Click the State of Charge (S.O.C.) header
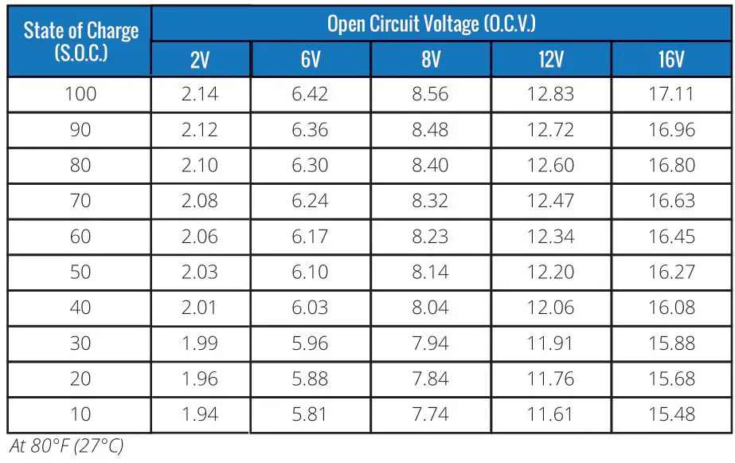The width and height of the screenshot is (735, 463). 80,43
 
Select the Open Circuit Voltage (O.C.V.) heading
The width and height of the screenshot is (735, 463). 431,23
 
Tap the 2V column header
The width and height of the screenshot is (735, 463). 200,60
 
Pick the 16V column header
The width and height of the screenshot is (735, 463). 671,60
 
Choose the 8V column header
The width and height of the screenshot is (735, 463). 430,60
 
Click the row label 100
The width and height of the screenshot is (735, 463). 80,94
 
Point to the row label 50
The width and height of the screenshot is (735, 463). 80,272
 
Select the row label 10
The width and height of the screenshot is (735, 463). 80,414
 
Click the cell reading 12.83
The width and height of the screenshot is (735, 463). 550,94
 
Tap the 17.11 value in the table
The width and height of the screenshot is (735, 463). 671,94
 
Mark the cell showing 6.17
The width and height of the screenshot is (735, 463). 310,237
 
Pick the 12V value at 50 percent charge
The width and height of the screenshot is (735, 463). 550,272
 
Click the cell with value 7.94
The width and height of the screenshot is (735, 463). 430,343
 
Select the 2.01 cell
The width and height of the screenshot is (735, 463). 200,308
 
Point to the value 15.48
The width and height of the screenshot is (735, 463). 671,414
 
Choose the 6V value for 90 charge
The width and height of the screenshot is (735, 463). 310,130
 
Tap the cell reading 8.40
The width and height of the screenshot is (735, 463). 430,166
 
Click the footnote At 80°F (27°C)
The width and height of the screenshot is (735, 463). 66,446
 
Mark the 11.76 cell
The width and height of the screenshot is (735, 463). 550,379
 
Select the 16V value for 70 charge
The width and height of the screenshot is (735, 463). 671,201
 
